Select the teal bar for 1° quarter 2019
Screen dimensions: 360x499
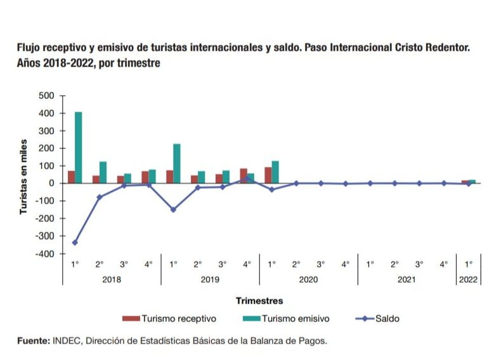(177, 164)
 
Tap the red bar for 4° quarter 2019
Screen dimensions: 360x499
(243, 176)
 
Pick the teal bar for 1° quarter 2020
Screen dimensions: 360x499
(275, 172)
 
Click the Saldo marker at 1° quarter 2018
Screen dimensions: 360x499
(75, 243)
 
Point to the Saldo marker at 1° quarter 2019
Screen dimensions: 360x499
(173, 210)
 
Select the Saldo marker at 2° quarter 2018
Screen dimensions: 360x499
(100, 197)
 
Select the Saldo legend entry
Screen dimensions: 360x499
(386, 318)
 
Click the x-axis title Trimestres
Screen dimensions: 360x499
(259, 300)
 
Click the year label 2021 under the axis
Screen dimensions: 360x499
(406, 279)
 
